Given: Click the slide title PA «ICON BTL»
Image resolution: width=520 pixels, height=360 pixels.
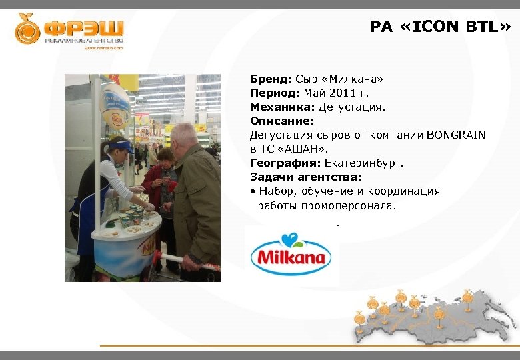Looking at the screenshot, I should pyautogui.click(x=441, y=27).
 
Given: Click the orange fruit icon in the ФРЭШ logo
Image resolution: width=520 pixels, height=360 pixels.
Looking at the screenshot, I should pyautogui.click(x=28, y=29).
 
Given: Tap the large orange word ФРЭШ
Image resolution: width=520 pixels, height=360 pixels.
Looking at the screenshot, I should pyautogui.click(x=84, y=28).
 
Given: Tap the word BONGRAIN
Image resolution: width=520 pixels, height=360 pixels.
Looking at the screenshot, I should pyautogui.click(x=455, y=135).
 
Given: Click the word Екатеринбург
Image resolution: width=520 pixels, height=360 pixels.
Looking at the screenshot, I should pyautogui.click(x=364, y=163).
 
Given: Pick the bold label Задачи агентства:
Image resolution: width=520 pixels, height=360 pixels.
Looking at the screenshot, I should pyautogui.click(x=305, y=177).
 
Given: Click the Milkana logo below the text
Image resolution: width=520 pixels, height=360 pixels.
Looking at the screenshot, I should pyautogui.click(x=291, y=256).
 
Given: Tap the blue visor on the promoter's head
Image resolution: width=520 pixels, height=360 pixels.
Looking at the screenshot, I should pyautogui.click(x=120, y=145).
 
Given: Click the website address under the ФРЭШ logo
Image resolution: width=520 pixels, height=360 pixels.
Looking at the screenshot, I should pyautogui.click(x=103, y=48).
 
